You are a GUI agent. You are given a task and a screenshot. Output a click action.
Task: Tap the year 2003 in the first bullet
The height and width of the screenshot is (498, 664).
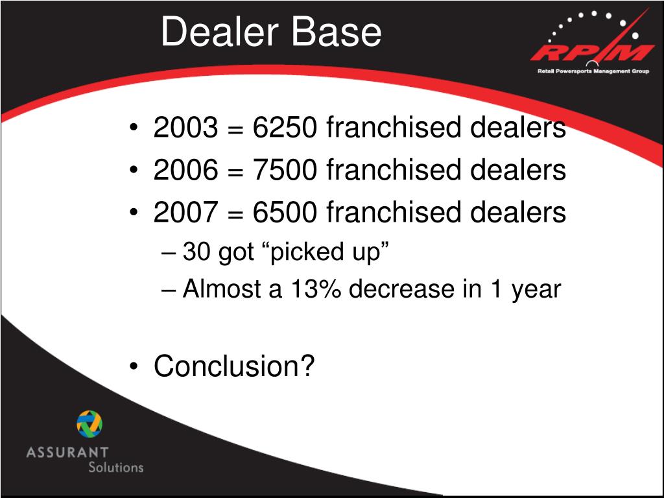click(185, 128)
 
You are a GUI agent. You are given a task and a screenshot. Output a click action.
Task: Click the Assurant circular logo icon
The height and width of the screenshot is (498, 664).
click(89, 423)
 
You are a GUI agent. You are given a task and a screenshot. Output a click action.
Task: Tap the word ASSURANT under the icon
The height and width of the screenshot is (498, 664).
click(67, 452)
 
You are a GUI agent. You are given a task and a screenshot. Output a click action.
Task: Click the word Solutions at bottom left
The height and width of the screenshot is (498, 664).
click(115, 467)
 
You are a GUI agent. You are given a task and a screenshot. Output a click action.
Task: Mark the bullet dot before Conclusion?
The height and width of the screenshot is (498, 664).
click(134, 367)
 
